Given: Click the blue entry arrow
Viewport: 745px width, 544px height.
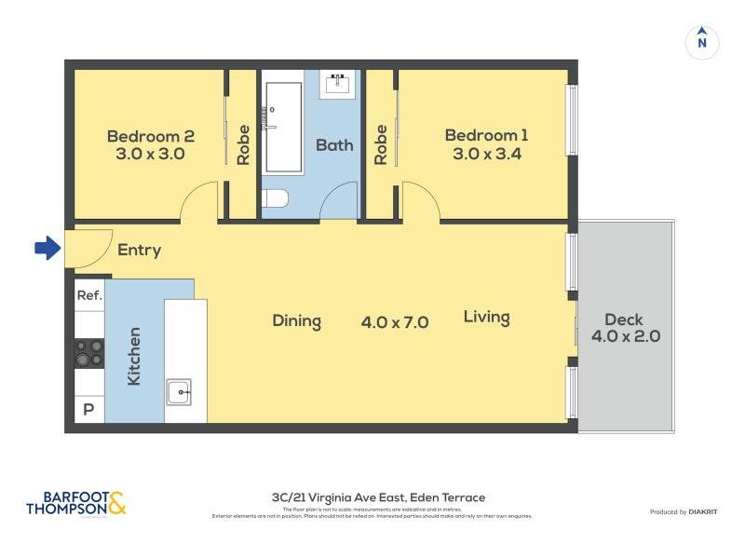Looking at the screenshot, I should tap(47, 248).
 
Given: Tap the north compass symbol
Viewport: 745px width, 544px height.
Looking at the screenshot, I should tap(702, 41).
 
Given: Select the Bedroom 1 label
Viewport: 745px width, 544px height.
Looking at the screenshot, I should tap(486, 144).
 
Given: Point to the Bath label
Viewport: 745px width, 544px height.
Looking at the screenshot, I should tap(333, 144).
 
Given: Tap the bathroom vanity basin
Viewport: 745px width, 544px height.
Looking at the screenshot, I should tap(338, 85).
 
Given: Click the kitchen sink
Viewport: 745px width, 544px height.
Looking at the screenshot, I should tap(179, 392).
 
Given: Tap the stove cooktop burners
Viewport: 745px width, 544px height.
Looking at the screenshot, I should tap(89, 353).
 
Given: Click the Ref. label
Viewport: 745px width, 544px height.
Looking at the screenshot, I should tap(89, 295).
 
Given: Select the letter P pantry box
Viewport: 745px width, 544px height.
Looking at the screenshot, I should tap(89, 409).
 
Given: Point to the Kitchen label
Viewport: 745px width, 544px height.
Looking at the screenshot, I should tap(134, 357).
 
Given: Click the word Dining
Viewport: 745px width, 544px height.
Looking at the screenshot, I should tap(296, 321).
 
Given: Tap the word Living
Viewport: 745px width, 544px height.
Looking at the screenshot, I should tap(486, 317).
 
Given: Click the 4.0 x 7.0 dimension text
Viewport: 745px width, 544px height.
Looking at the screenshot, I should tap(394, 322).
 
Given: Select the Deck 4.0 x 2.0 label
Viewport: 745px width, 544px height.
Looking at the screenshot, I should tap(625, 328).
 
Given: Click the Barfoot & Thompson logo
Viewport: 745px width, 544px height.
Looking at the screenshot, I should tap(75, 504).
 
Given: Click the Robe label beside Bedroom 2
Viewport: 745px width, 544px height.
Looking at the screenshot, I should tap(243, 144).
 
